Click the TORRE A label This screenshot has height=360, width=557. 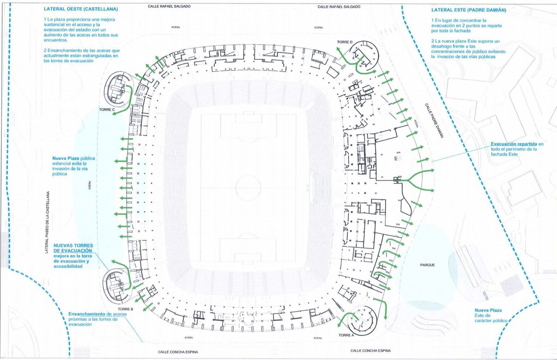coord(346,335)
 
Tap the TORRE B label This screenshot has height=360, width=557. coord(126,309)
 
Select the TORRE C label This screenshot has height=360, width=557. coord(107,109)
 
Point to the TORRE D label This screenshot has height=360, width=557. coord(344,42)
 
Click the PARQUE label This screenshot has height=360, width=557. coord(427,265)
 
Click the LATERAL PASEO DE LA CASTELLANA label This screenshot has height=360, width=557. coord(47,222)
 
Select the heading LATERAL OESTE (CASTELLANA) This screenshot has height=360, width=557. coord(81,9)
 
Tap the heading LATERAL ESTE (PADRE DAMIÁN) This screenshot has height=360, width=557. coord(469,10)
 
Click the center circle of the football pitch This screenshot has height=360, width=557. coord(248,187)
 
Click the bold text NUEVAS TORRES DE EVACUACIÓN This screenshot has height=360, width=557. coord(73,248)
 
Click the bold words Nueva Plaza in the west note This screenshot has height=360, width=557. coord(66,158)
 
